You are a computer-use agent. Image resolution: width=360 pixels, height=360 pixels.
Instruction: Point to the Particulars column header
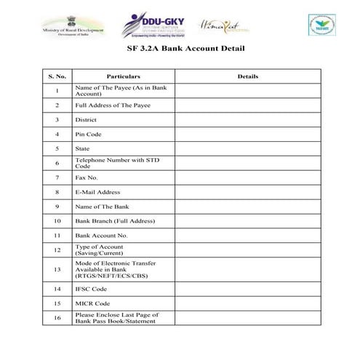[123, 76]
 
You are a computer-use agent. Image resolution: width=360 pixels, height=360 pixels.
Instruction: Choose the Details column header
[248, 76]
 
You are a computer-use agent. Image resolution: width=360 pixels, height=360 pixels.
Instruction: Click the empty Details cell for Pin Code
[248, 134]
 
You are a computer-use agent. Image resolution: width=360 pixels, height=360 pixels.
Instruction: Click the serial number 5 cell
[56, 148]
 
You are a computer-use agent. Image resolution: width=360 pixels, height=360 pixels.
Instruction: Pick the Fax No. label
[87, 177]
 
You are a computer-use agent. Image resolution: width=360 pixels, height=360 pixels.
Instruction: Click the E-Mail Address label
[97, 192]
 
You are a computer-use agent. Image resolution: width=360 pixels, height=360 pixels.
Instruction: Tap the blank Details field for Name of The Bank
[248, 207]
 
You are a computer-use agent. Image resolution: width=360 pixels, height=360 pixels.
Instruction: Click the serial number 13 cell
[56, 269]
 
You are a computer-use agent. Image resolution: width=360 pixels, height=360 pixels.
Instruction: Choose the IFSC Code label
[91, 288]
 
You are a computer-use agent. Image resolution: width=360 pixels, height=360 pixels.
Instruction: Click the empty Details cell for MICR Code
[248, 303]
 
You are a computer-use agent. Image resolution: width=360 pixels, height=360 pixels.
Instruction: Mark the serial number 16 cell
[56, 317]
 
